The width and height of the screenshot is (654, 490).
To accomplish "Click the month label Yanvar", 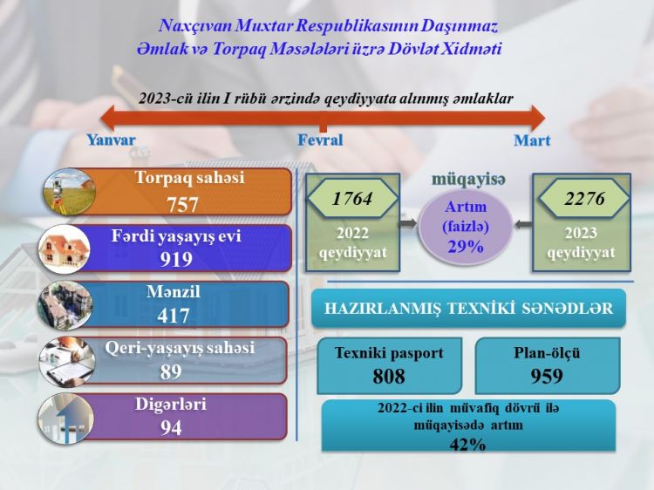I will tap(111, 140).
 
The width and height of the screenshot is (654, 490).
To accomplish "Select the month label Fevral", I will tap(320, 140).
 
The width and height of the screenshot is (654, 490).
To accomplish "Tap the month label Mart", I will tap(532, 140).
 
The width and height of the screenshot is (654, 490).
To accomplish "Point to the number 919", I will tap(176, 259).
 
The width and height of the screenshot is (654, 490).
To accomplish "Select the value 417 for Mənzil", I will tap(174, 316).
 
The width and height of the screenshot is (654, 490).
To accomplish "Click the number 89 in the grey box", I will tap(171, 371).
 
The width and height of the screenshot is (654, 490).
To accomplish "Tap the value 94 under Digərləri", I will tap(171, 428).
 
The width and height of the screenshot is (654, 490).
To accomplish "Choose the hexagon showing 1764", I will tap(352, 199).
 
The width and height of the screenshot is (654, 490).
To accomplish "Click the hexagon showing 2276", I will tap(583, 199).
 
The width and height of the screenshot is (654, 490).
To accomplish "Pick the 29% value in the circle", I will tap(466, 247).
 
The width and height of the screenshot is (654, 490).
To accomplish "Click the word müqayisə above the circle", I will tap(468, 180).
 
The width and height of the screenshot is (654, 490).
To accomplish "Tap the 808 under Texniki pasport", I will tap(389, 377).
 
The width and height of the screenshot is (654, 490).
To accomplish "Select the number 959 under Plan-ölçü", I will tap(547, 377).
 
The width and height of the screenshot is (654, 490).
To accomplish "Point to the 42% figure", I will tap(468, 444).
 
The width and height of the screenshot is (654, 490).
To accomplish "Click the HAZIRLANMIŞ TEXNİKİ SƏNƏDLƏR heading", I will tap(468, 309).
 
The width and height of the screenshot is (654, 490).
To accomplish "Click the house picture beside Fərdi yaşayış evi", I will tap(65, 248).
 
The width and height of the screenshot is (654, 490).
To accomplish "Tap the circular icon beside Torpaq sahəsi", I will tap(65, 192).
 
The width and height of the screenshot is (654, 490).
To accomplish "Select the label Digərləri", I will tap(171, 405).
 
